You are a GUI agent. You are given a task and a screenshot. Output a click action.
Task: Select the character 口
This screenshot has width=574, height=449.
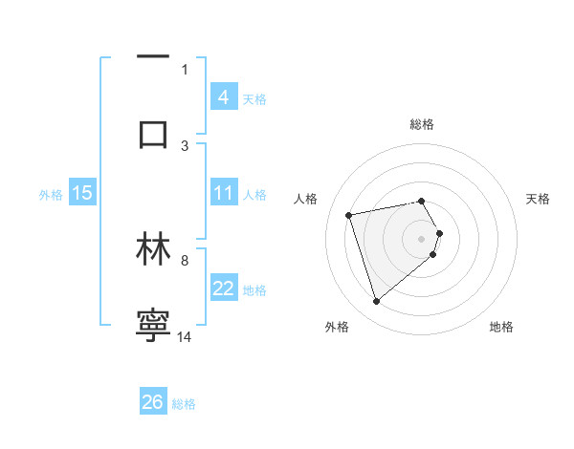click(153, 132)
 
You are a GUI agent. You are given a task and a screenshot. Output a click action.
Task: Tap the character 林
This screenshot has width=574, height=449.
click(153, 249)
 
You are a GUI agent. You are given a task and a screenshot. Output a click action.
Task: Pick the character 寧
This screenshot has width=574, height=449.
click(153, 324)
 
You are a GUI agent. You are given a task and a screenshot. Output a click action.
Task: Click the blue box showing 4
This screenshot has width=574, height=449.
click(224, 97)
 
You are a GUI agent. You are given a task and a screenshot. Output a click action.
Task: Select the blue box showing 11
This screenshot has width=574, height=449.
click(224, 193)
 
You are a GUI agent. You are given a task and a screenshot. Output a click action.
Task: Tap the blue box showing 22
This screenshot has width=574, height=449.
click(224, 289)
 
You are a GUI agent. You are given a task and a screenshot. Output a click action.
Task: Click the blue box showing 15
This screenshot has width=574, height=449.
click(82, 193)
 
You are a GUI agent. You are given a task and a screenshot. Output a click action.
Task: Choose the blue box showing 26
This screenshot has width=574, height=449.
click(153, 402)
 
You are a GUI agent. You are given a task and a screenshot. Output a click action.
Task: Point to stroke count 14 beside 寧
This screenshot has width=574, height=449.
click(185, 336)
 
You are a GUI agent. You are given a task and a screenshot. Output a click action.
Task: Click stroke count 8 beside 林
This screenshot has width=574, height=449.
click(185, 260)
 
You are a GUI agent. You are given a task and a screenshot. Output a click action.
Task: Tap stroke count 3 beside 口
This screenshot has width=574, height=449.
click(185, 145)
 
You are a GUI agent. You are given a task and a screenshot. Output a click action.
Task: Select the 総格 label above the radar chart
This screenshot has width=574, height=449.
click(422, 124)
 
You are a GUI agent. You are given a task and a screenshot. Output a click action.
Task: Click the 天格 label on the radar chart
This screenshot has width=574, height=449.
click(538, 199)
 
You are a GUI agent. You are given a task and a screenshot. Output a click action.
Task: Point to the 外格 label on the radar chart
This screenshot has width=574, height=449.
click(337, 327)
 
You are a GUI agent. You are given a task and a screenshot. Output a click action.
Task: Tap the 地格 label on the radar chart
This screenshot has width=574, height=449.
click(501, 327)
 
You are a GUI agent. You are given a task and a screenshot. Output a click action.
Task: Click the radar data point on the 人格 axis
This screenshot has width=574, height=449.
click(349, 214)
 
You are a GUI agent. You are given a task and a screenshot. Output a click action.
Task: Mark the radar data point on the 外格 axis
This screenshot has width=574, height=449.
click(376, 302)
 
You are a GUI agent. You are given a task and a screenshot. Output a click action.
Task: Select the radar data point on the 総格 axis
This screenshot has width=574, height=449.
click(422, 201)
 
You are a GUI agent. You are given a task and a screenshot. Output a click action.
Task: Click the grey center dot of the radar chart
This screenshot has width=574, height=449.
click(422, 238)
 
